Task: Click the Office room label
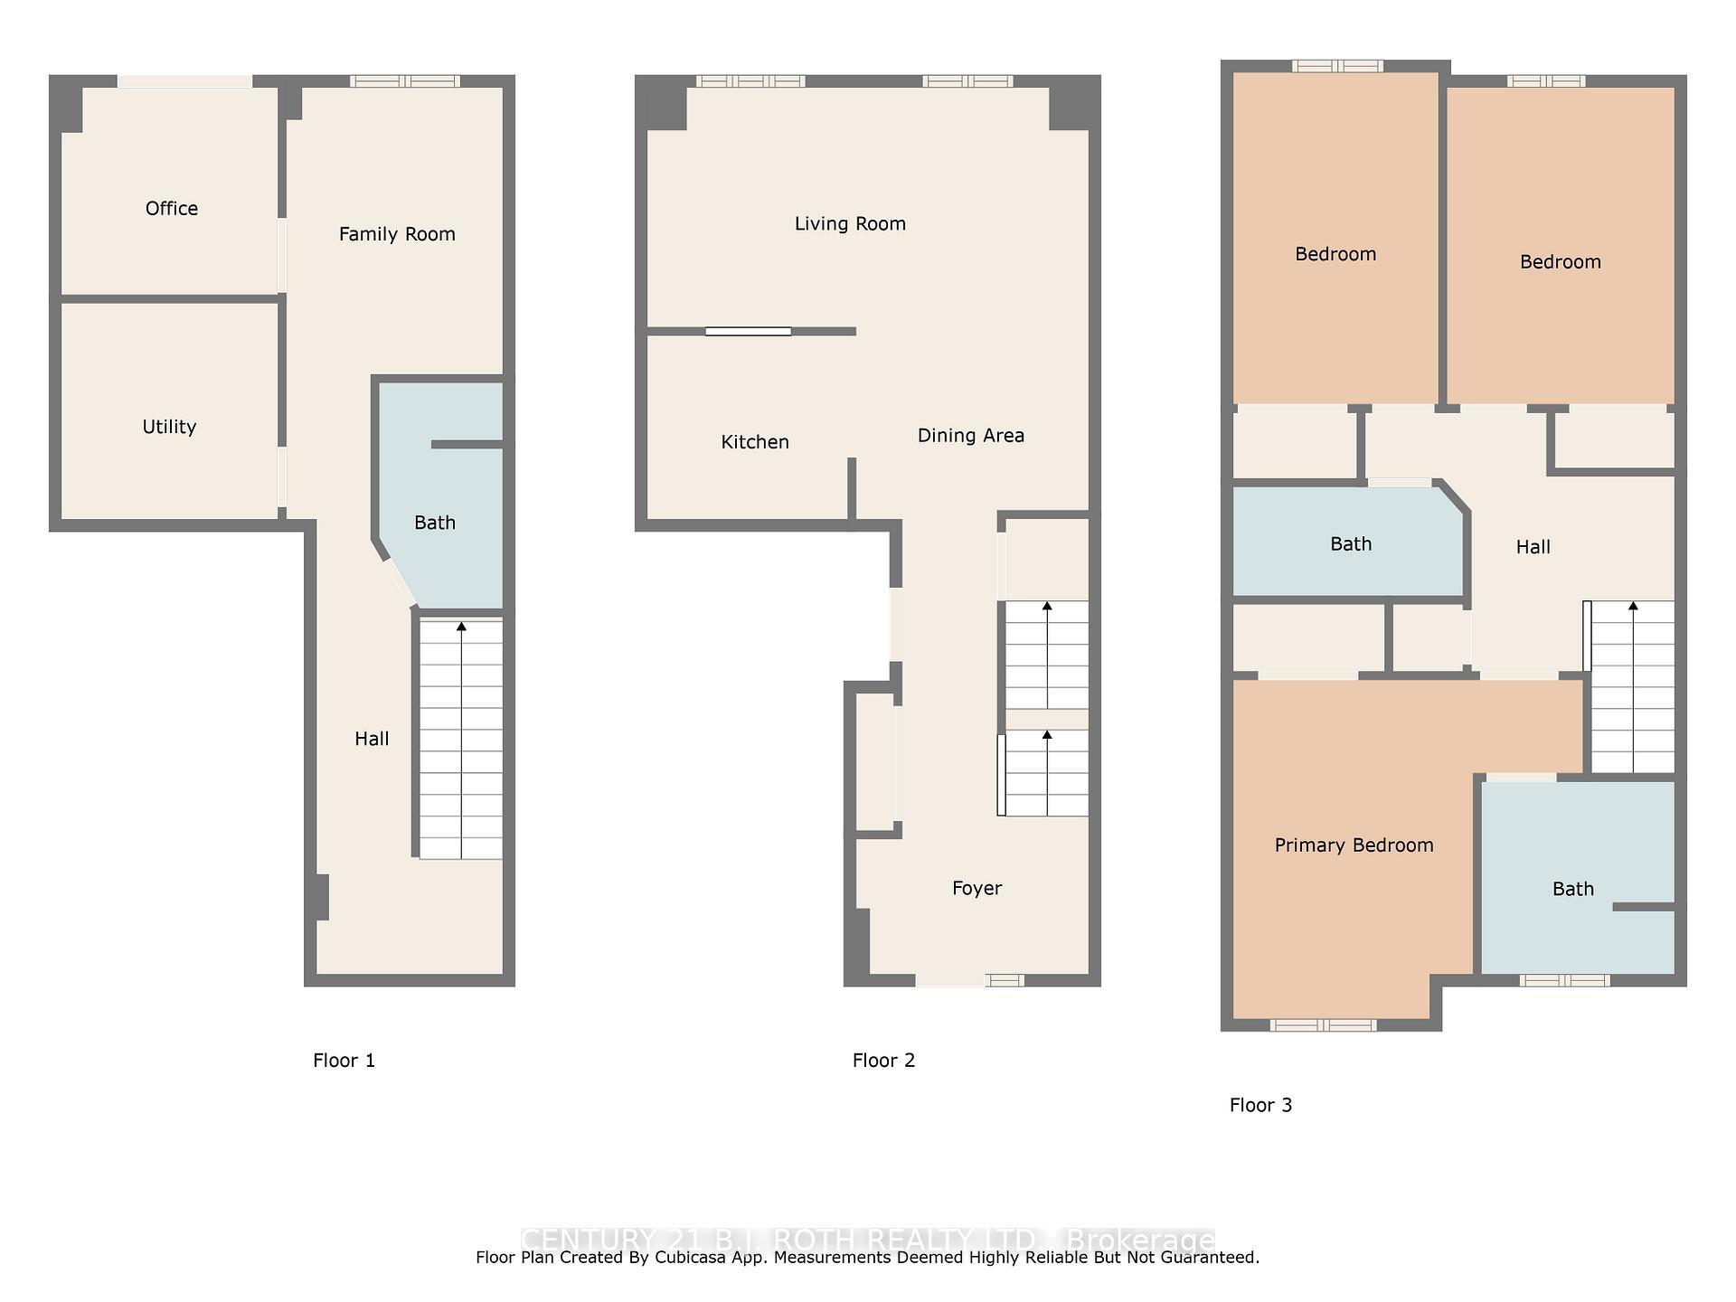[172, 209]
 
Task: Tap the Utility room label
[169, 427]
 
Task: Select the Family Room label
[397, 234]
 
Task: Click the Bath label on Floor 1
[435, 523]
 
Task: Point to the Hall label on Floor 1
[372, 739]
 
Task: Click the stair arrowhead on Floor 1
[462, 626]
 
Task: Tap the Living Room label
[850, 223]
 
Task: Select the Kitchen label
[755, 442]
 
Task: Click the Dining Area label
[971, 436]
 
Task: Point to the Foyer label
[976, 888]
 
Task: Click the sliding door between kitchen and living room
[749, 332]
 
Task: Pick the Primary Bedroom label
[1354, 845]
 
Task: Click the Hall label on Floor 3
[1533, 547]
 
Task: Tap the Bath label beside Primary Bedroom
[1572, 889]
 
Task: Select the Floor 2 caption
[883, 1061]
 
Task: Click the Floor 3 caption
[1260, 1105]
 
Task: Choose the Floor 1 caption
[344, 1061]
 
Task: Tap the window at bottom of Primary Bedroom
[1323, 1024]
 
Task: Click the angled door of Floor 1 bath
[399, 583]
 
